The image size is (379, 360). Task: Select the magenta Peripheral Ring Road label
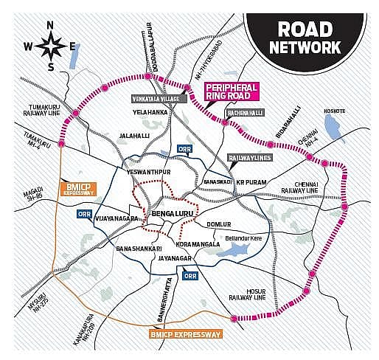click(x=232, y=91)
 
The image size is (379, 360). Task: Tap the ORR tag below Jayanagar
click(x=190, y=275)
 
